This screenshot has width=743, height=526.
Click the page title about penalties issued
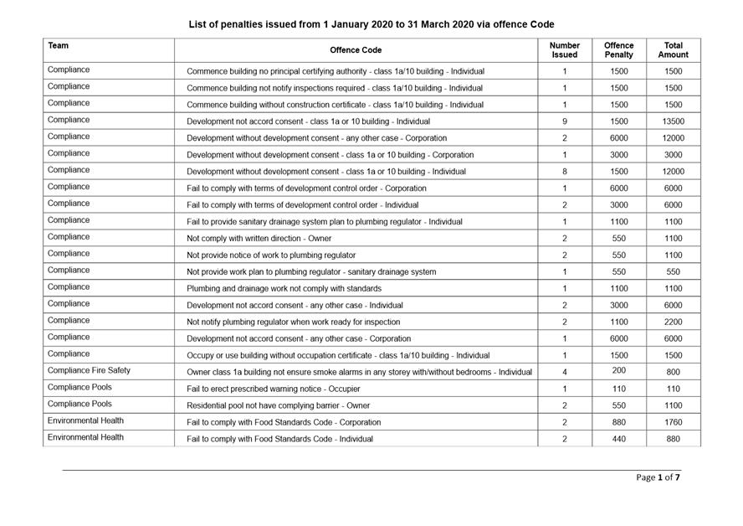[x=371, y=24]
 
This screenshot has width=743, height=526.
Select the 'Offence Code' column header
[x=356, y=50]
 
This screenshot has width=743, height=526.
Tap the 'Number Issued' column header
[x=565, y=50]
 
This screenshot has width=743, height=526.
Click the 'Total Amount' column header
[x=673, y=50]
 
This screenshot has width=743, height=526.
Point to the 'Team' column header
[x=59, y=45]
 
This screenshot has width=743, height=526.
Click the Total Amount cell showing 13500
[x=673, y=121]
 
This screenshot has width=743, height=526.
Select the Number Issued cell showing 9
[x=565, y=121]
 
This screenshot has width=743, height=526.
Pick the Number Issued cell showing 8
[x=565, y=172]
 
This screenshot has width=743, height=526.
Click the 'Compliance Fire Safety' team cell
[x=90, y=370]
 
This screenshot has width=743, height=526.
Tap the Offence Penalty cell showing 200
[x=618, y=369]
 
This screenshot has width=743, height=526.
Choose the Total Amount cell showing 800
[x=673, y=373]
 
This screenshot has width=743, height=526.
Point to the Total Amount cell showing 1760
[x=673, y=423]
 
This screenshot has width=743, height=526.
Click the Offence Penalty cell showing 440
[x=618, y=439]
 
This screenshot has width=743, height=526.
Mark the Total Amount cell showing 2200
[x=673, y=322]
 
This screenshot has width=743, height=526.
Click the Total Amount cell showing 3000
[x=673, y=155]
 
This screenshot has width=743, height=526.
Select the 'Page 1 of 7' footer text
[x=658, y=477]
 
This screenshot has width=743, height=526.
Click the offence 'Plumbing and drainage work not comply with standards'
[x=284, y=289]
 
